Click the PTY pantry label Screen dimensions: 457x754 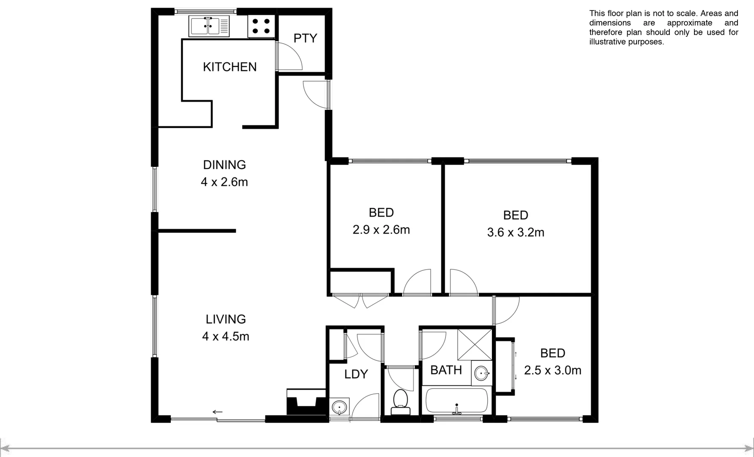pyautogui.click(x=305, y=39)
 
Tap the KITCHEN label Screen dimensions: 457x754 pyautogui.click(x=229, y=67)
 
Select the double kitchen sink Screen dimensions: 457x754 pyautogui.click(x=210, y=26)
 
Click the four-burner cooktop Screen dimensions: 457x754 pyautogui.click(x=261, y=25)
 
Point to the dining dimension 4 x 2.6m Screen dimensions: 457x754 pyautogui.click(x=224, y=182)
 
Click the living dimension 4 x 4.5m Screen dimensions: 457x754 pyautogui.click(x=225, y=336)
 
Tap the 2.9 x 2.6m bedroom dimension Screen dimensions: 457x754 pyautogui.click(x=381, y=230)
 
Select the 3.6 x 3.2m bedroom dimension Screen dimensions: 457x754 pyautogui.click(x=515, y=232)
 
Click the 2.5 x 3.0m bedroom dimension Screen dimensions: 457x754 pyautogui.click(x=552, y=371)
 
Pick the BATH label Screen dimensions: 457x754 pyautogui.click(x=446, y=370)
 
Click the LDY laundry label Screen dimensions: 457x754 pyautogui.click(x=356, y=374)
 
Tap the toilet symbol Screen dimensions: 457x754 pyautogui.click(x=400, y=402)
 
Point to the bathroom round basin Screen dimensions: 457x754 pyautogui.click(x=482, y=374)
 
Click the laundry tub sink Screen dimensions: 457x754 pyautogui.click(x=339, y=407)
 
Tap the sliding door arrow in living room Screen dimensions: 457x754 pyautogui.click(x=217, y=412)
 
